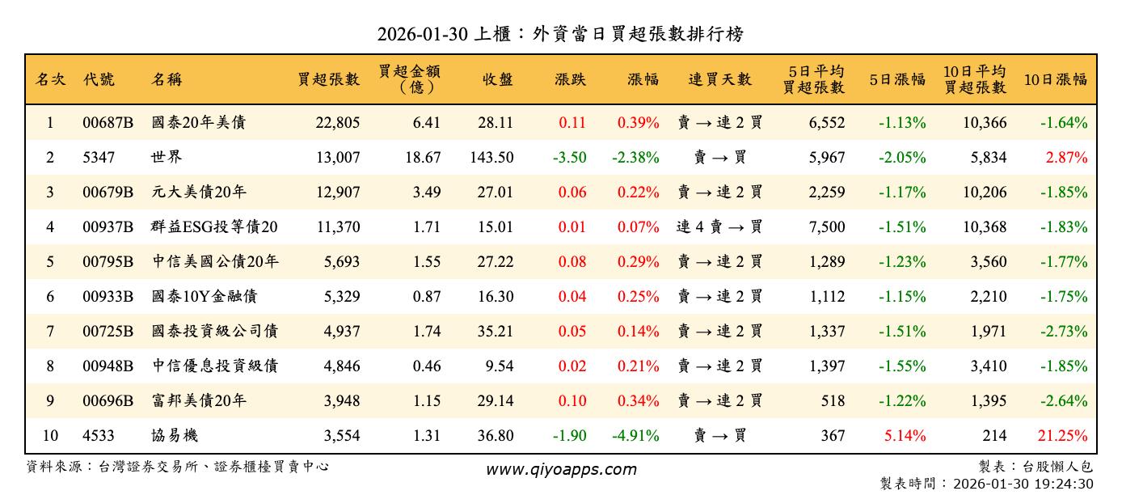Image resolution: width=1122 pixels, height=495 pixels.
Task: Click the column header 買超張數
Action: [x=328, y=79]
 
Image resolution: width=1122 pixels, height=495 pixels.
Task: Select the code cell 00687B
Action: [x=108, y=123]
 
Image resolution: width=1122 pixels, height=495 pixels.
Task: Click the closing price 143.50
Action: [x=491, y=158]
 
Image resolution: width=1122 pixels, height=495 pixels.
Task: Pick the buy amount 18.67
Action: [x=423, y=158]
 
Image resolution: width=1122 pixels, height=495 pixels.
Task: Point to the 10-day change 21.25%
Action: [x=1066, y=436]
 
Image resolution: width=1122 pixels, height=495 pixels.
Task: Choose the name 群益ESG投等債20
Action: [x=214, y=227]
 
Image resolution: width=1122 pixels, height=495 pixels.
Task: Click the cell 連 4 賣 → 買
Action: [x=719, y=227]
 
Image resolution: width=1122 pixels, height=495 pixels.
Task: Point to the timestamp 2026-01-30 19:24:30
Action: [x=1023, y=484]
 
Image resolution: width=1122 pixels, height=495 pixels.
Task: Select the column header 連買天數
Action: [x=719, y=79]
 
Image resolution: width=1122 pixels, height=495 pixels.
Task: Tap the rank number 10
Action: [x=50, y=436]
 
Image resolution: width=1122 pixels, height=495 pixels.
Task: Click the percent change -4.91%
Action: [x=635, y=436]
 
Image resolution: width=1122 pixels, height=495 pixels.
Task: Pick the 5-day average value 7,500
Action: [x=826, y=227]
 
